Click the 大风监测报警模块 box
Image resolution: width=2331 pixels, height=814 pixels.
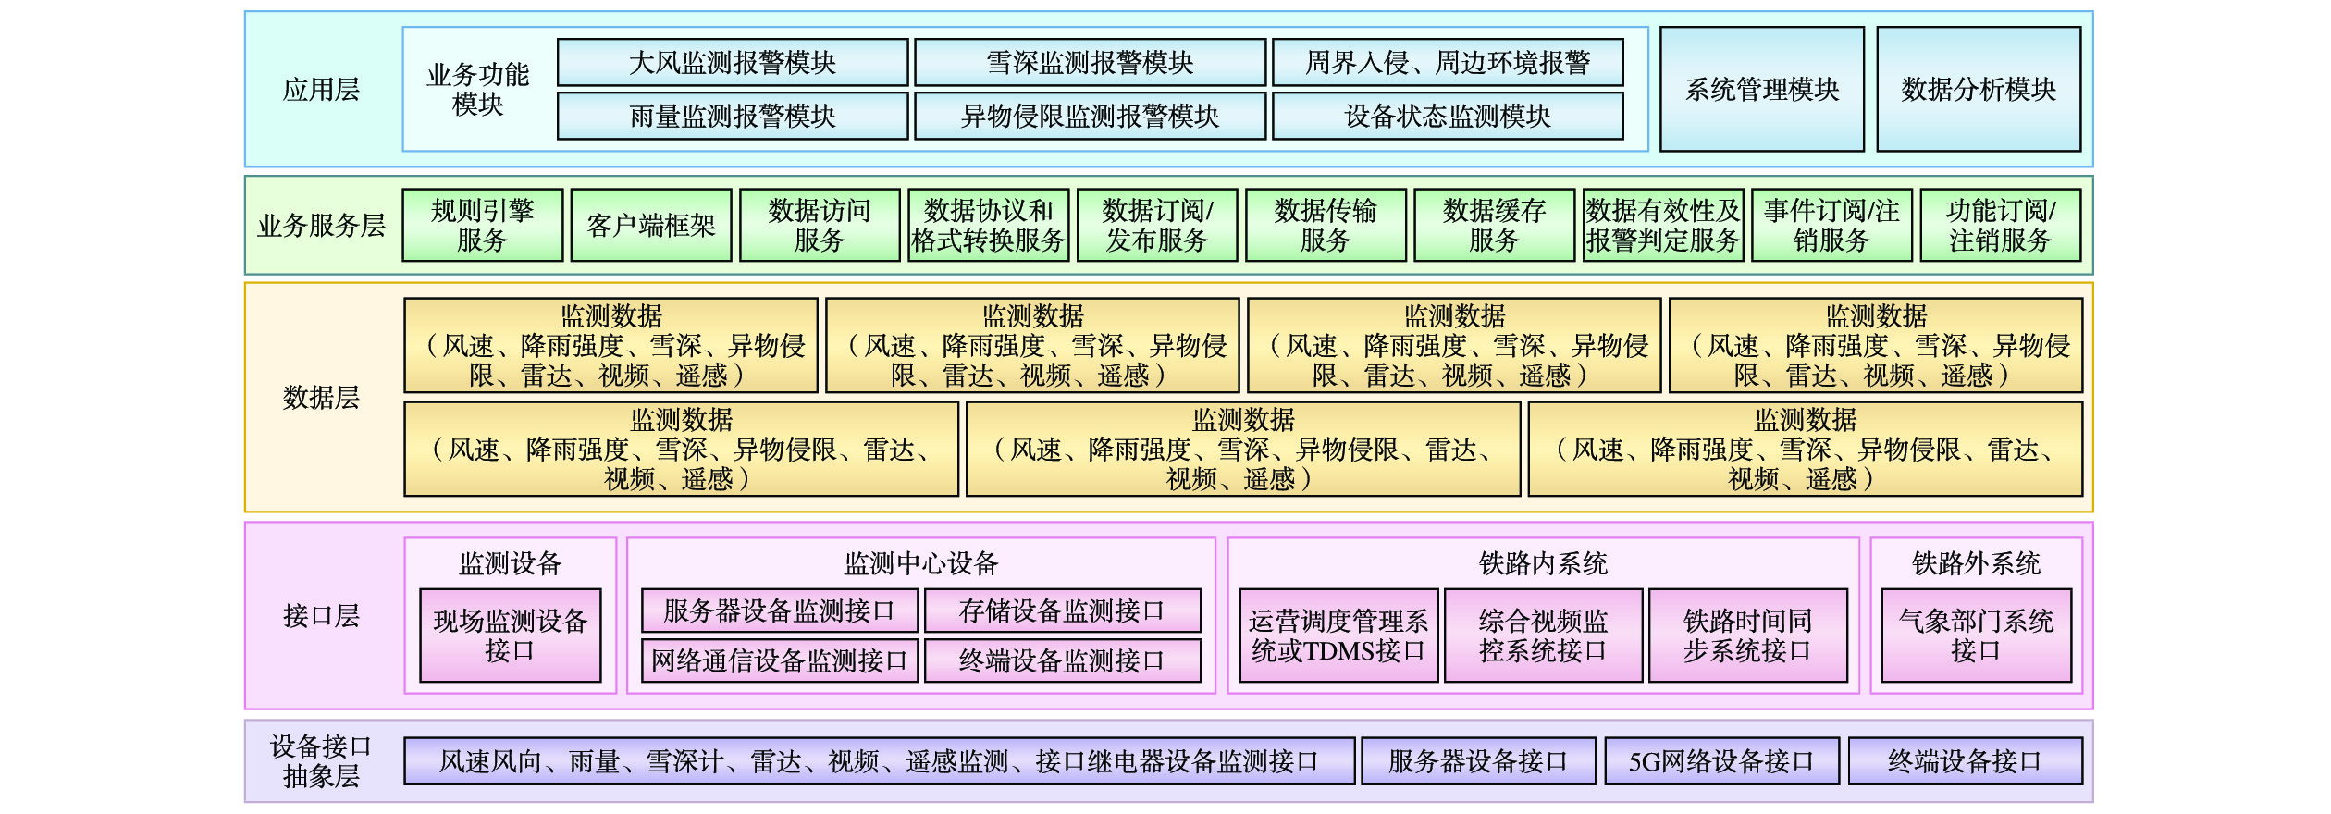point(732,62)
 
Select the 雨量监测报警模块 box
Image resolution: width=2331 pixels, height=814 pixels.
point(732,116)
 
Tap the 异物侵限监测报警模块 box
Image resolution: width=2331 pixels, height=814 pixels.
point(1090,116)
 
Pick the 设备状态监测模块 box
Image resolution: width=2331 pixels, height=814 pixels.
point(1448,116)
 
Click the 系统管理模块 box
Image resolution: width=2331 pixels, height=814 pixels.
point(1761,89)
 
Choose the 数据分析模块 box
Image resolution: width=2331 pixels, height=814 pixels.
point(1979,89)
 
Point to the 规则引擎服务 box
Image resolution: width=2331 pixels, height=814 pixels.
point(482,225)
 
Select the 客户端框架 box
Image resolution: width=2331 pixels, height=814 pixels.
point(650,225)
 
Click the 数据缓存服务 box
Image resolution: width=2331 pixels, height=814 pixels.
point(1494,225)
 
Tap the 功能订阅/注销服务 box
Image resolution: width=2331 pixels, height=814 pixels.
point(2000,225)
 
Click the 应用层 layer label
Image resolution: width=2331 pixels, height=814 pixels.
point(321,89)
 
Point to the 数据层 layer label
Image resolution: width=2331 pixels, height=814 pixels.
point(321,398)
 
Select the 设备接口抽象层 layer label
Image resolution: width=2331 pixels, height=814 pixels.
point(321,760)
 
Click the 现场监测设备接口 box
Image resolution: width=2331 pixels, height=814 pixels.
point(510,635)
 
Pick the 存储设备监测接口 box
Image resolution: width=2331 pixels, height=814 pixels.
point(1062,610)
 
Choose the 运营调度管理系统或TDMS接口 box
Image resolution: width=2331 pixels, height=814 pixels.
point(1338,635)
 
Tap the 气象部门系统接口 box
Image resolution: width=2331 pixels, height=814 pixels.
point(1976,635)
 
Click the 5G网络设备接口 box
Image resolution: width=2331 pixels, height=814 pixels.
point(1720,761)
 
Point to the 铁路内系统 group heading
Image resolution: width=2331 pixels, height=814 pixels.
point(1543,563)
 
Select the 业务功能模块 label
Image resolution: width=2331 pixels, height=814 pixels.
point(477,89)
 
